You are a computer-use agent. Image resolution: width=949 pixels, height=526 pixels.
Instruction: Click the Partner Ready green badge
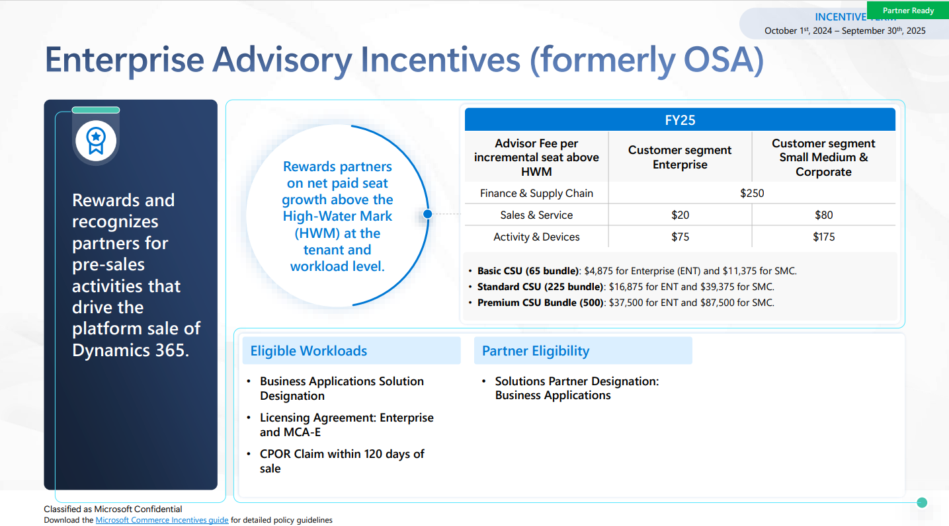(x=908, y=11)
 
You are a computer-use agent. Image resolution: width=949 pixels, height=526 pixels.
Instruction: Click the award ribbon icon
(x=96, y=141)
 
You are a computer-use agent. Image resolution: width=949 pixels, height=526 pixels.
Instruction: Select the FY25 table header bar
(x=680, y=120)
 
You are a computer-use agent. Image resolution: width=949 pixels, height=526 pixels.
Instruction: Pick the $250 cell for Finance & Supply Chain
(x=752, y=193)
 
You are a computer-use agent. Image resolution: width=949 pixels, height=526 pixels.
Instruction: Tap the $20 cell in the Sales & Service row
(x=680, y=215)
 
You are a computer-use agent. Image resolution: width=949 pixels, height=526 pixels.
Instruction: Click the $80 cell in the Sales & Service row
(x=823, y=215)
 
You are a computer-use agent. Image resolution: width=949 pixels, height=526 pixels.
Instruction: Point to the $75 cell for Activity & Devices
(x=680, y=237)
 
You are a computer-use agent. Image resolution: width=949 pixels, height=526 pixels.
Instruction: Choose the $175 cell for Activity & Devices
(x=823, y=237)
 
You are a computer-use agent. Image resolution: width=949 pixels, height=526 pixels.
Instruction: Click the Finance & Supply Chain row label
(x=536, y=193)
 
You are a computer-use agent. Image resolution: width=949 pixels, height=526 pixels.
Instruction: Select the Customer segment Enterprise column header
(x=680, y=157)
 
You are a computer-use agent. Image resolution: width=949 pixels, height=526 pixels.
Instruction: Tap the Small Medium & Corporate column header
(x=823, y=157)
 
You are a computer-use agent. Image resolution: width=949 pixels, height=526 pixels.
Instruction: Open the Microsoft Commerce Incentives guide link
(x=162, y=520)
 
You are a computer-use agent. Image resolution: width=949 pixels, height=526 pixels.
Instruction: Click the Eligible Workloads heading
(x=309, y=351)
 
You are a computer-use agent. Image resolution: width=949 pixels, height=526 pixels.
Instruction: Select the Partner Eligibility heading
(x=536, y=351)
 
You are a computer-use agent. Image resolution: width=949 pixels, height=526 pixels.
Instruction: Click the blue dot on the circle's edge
(x=427, y=214)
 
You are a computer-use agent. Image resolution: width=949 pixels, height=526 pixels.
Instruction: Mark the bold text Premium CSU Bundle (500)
(x=540, y=303)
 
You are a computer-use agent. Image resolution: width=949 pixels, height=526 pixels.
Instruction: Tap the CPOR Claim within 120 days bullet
(x=342, y=461)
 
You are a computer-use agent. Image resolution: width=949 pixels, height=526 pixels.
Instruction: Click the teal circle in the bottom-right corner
(x=922, y=503)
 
